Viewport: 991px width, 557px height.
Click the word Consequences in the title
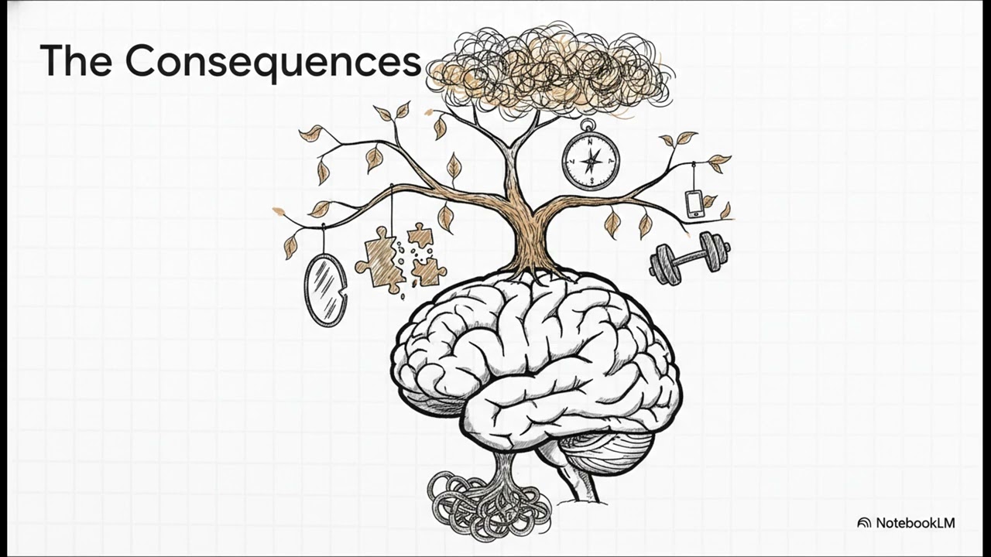click(x=273, y=61)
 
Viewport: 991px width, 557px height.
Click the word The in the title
click(x=76, y=60)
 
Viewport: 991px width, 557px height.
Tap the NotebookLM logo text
click(x=915, y=523)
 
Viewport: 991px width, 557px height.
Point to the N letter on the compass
click(x=590, y=142)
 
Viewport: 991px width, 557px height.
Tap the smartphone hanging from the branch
click(x=695, y=203)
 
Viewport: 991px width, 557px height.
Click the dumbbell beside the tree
click(x=690, y=258)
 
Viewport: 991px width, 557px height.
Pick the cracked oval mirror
click(x=326, y=290)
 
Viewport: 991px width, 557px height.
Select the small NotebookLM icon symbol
click(x=864, y=524)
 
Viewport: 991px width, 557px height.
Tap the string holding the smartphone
click(x=694, y=177)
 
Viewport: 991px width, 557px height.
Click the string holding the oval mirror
click(x=325, y=240)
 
